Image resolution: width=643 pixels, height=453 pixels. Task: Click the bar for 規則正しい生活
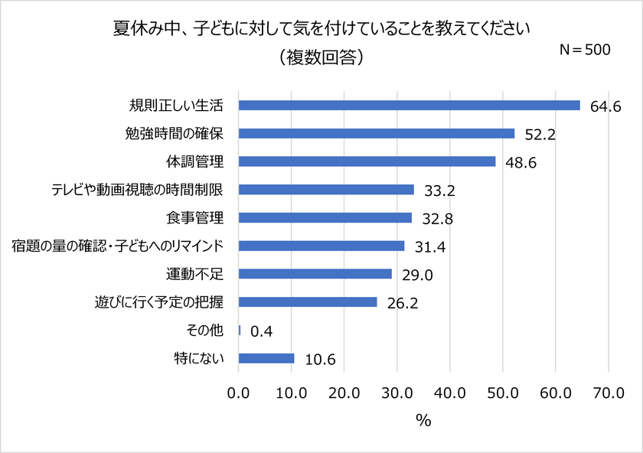(410, 105)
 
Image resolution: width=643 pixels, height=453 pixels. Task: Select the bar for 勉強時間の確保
(377, 133)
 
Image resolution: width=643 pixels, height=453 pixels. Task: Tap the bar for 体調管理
(367, 161)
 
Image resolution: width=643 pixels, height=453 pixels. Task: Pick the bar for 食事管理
(325, 217)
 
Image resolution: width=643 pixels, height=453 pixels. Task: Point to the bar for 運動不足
(315, 273)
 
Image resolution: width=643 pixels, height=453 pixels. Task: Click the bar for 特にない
(266, 358)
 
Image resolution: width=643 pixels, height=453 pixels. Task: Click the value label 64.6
(605, 106)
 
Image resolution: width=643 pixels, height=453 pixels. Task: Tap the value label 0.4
(262, 331)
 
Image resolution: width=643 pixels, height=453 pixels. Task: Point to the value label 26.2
(402, 302)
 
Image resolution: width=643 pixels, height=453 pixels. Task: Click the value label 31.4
(429, 246)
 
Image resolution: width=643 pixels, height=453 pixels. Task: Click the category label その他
(204, 330)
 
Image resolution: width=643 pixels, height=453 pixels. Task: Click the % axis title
(423, 420)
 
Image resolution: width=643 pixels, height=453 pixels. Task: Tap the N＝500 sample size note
(586, 50)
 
